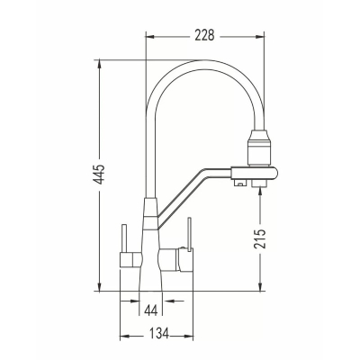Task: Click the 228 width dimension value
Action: [x=205, y=35]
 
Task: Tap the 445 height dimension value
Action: [x=99, y=175]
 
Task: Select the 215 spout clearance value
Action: [x=260, y=238]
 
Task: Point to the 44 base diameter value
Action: [x=150, y=310]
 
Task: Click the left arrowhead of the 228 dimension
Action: [x=149, y=37]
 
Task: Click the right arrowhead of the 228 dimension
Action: [x=260, y=37]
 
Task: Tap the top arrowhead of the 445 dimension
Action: [x=99, y=64]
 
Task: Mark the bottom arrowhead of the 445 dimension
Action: [x=99, y=287]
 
